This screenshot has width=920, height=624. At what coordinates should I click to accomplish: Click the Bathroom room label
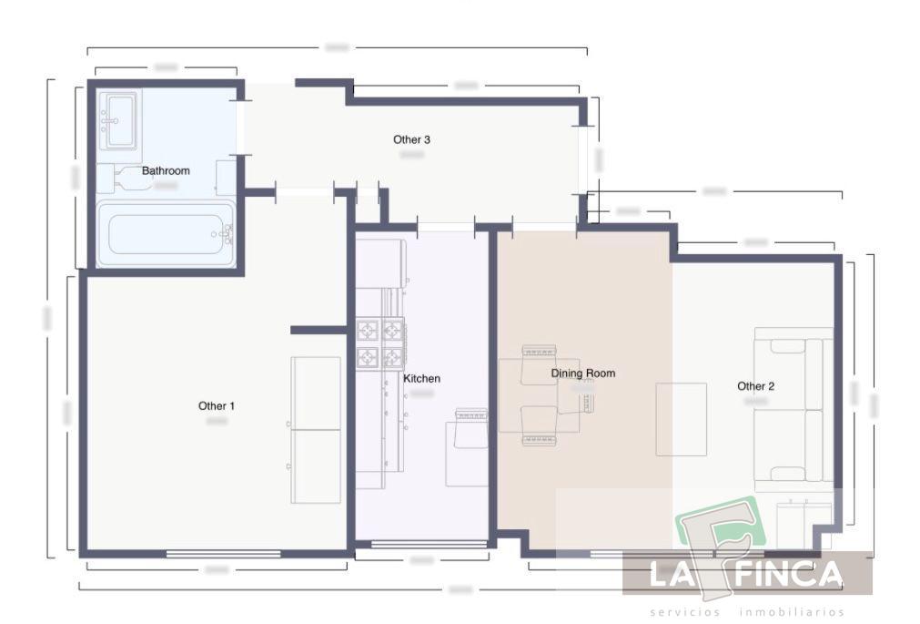click(166, 170)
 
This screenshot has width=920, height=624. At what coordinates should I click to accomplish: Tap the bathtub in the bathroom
click(166, 234)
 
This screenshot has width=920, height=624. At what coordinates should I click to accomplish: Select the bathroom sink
click(119, 119)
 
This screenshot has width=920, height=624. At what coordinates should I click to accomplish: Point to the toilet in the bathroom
click(127, 179)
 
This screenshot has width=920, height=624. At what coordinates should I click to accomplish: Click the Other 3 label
click(411, 139)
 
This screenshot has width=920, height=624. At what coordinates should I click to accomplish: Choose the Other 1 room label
click(217, 405)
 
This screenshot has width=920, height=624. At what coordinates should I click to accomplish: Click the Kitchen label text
click(421, 378)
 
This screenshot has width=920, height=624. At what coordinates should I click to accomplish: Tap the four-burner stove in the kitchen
click(379, 343)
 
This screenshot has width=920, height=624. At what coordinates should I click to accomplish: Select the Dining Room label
click(582, 373)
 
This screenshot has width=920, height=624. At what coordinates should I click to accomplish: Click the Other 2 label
click(755, 386)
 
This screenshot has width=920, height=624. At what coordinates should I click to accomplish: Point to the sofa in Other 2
click(793, 409)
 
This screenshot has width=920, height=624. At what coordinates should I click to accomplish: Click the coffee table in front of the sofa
click(682, 419)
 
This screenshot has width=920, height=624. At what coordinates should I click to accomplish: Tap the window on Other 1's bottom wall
click(223, 553)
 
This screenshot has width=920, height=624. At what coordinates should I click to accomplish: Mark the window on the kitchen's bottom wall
click(429, 545)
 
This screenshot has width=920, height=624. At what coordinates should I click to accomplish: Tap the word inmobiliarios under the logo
click(792, 612)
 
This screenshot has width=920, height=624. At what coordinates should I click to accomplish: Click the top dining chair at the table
click(538, 352)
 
